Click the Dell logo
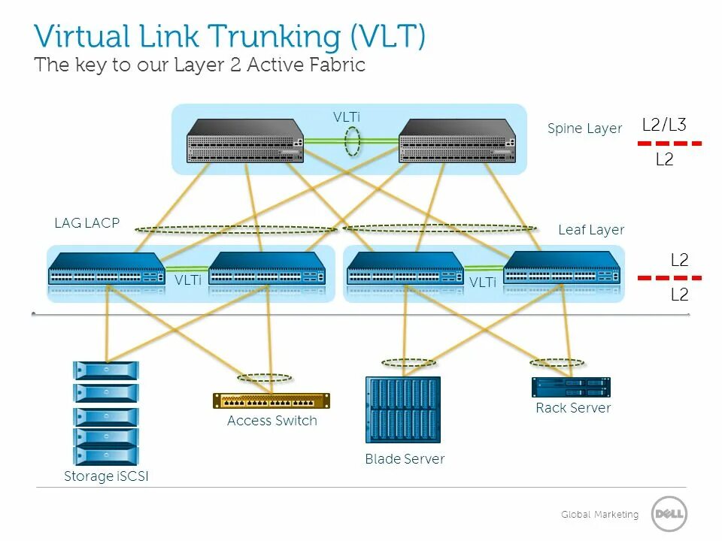669,515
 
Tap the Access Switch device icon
271,400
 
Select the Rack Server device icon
572,387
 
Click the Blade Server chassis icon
402,410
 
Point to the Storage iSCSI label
106,476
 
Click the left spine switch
245,141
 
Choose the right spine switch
457,141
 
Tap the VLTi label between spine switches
347,117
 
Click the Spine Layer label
584,128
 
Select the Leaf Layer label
591,230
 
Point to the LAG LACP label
86,223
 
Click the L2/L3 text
664,125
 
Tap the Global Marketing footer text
599,515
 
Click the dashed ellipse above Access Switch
264,378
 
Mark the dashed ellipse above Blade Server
408,363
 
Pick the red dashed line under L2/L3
669,143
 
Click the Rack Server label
573,408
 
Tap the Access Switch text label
272,421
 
